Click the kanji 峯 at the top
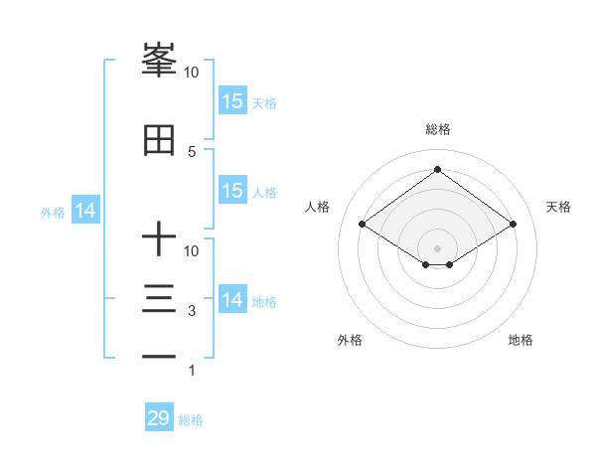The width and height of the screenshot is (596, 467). (x=159, y=61)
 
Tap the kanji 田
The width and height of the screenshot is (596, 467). (x=159, y=142)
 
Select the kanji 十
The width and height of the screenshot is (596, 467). (x=159, y=239)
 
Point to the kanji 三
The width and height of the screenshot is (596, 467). (x=159, y=298)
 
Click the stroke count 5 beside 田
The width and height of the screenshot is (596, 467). (x=192, y=151)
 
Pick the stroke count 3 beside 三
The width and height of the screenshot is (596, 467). (x=192, y=311)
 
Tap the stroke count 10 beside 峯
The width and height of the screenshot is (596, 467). (x=192, y=73)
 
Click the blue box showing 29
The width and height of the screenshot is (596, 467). (x=159, y=418)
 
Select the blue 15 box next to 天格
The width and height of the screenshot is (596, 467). (x=232, y=101)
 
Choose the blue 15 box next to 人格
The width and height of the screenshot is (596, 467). (x=232, y=191)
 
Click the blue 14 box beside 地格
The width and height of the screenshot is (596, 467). (x=232, y=300)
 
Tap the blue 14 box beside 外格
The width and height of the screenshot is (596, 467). (x=85, y=211)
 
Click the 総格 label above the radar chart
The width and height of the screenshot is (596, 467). (x=437, y=129)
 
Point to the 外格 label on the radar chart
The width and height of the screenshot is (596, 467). (x=350, y=340)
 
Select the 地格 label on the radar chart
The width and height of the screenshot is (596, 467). (x=521, y=340)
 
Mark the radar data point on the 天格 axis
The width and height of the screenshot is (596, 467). (x=514, y=226)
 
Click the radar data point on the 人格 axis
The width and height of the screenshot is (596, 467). (x=362, y=226)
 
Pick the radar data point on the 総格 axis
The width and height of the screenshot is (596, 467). (x=437, y=170)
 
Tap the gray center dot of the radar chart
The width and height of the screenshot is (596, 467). (x=437, y=246)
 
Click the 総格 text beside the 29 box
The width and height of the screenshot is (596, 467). (x=191, y=420)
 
